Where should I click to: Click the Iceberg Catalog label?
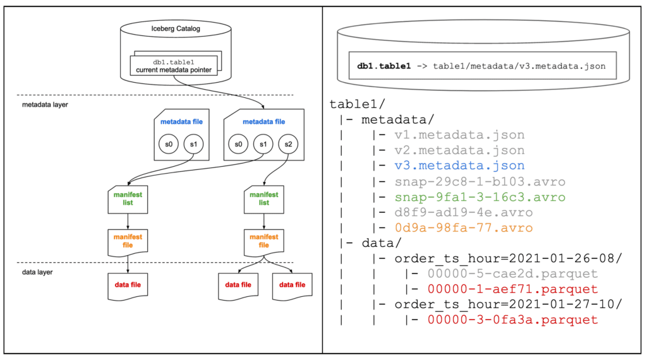(176, 28)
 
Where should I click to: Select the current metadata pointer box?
(174, 66)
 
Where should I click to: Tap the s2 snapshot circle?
(288, 145)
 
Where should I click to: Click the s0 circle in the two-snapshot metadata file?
(168, 145)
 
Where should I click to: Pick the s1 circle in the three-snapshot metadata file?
(263, 145)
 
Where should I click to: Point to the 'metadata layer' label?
(45, 105)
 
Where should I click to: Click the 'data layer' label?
(37, 272)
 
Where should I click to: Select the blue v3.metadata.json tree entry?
(459, 165)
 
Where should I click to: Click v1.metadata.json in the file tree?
(459, 135)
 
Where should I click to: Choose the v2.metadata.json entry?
(459, 150)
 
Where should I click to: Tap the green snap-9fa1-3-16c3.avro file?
(480, 197)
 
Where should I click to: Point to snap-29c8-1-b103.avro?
(480, 182)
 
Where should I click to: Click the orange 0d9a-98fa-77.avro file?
(463, 228)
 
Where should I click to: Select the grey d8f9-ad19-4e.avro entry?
(463, 213)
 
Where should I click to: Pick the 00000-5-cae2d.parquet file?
(512, 274)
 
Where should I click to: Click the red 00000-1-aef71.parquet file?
(512, 289)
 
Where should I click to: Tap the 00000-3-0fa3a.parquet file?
(512, 320)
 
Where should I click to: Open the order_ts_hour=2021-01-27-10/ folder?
(509, 305)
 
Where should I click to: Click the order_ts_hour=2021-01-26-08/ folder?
(509, 258)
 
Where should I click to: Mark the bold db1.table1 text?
(384, 66)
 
